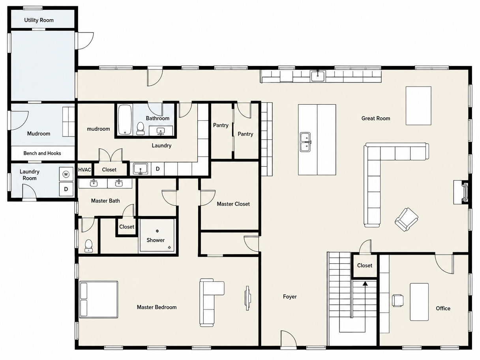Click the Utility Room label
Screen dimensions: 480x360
39,20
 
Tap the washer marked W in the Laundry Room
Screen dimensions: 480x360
66,174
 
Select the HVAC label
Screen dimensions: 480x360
84,170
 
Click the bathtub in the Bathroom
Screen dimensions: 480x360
125,119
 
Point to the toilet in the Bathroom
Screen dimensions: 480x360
140,128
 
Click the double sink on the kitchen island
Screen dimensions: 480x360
306,142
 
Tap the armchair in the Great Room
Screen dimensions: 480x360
407,219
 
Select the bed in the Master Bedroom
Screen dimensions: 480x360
99,299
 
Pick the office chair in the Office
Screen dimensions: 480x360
398,300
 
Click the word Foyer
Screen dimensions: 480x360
290,296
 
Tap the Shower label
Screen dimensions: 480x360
156,240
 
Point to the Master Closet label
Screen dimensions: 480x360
233,204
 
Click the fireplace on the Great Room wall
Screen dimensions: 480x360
461,192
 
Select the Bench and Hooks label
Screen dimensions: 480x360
42,153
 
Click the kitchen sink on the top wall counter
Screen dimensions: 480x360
318,76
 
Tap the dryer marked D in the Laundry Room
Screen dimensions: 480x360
66,189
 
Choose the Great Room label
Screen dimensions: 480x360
376,118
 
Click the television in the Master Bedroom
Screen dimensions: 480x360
248,298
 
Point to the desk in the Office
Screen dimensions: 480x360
419,302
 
